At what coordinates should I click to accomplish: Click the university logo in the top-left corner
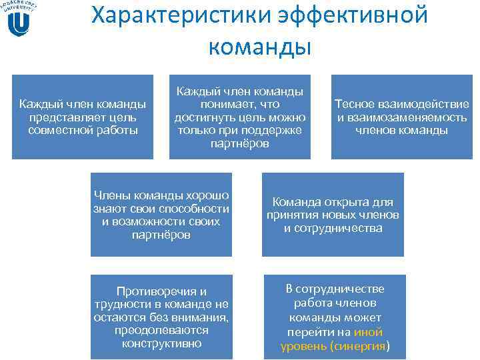pyautogui.click(x=19, y=19)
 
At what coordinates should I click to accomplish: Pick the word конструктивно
pyautogui.click(x=162, y=343)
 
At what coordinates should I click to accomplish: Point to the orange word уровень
pyautogui.click(x=304, y=346)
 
